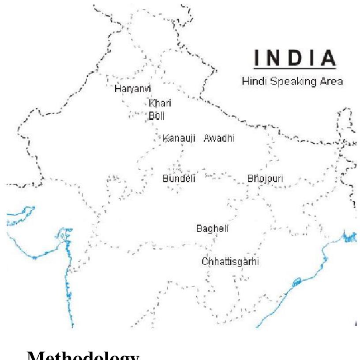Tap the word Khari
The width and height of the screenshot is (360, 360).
click(x=160, y=104)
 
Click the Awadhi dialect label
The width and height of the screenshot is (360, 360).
click(x=219, y=138)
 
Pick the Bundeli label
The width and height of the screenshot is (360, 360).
click(x=179, y=179)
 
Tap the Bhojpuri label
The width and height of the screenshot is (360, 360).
click(x=265, y=179)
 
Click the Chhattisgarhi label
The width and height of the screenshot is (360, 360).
click(x=230, y=261)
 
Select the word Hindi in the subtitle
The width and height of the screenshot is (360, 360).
click(x=251, y=82)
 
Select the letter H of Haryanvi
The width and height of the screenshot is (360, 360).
click(x=117, y=88)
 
